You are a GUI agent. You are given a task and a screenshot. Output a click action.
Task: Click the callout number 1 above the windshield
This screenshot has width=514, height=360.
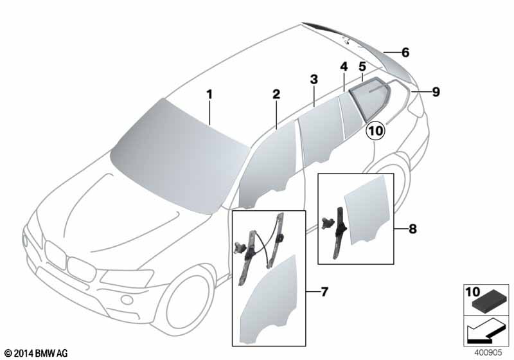[209, 95]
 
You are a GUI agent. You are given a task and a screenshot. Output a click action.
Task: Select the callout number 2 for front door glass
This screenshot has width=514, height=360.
[276, 94]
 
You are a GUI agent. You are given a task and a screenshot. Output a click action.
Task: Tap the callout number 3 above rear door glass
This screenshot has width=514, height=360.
[314, 79]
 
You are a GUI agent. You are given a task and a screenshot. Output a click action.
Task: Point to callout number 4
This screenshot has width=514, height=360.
[344, 67]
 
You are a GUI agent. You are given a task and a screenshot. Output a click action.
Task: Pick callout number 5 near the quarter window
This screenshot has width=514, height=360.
[362, 67]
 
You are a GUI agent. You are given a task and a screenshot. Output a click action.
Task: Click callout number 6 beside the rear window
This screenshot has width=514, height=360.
[405, 53]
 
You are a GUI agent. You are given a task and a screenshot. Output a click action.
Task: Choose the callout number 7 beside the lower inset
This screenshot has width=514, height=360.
[324, 291]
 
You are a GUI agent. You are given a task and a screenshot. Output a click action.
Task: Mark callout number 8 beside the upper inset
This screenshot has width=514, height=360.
[412, 228]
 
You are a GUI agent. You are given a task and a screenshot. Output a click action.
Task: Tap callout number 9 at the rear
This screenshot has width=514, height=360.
[436, 92]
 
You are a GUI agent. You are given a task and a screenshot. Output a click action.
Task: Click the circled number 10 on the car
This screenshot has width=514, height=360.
[376, 130]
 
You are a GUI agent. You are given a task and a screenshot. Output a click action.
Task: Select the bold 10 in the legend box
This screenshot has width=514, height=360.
[473, 291]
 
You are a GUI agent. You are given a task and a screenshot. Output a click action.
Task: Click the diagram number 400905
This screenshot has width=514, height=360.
[488, 353]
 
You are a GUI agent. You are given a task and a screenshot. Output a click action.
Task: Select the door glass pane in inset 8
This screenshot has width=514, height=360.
[367, 210]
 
